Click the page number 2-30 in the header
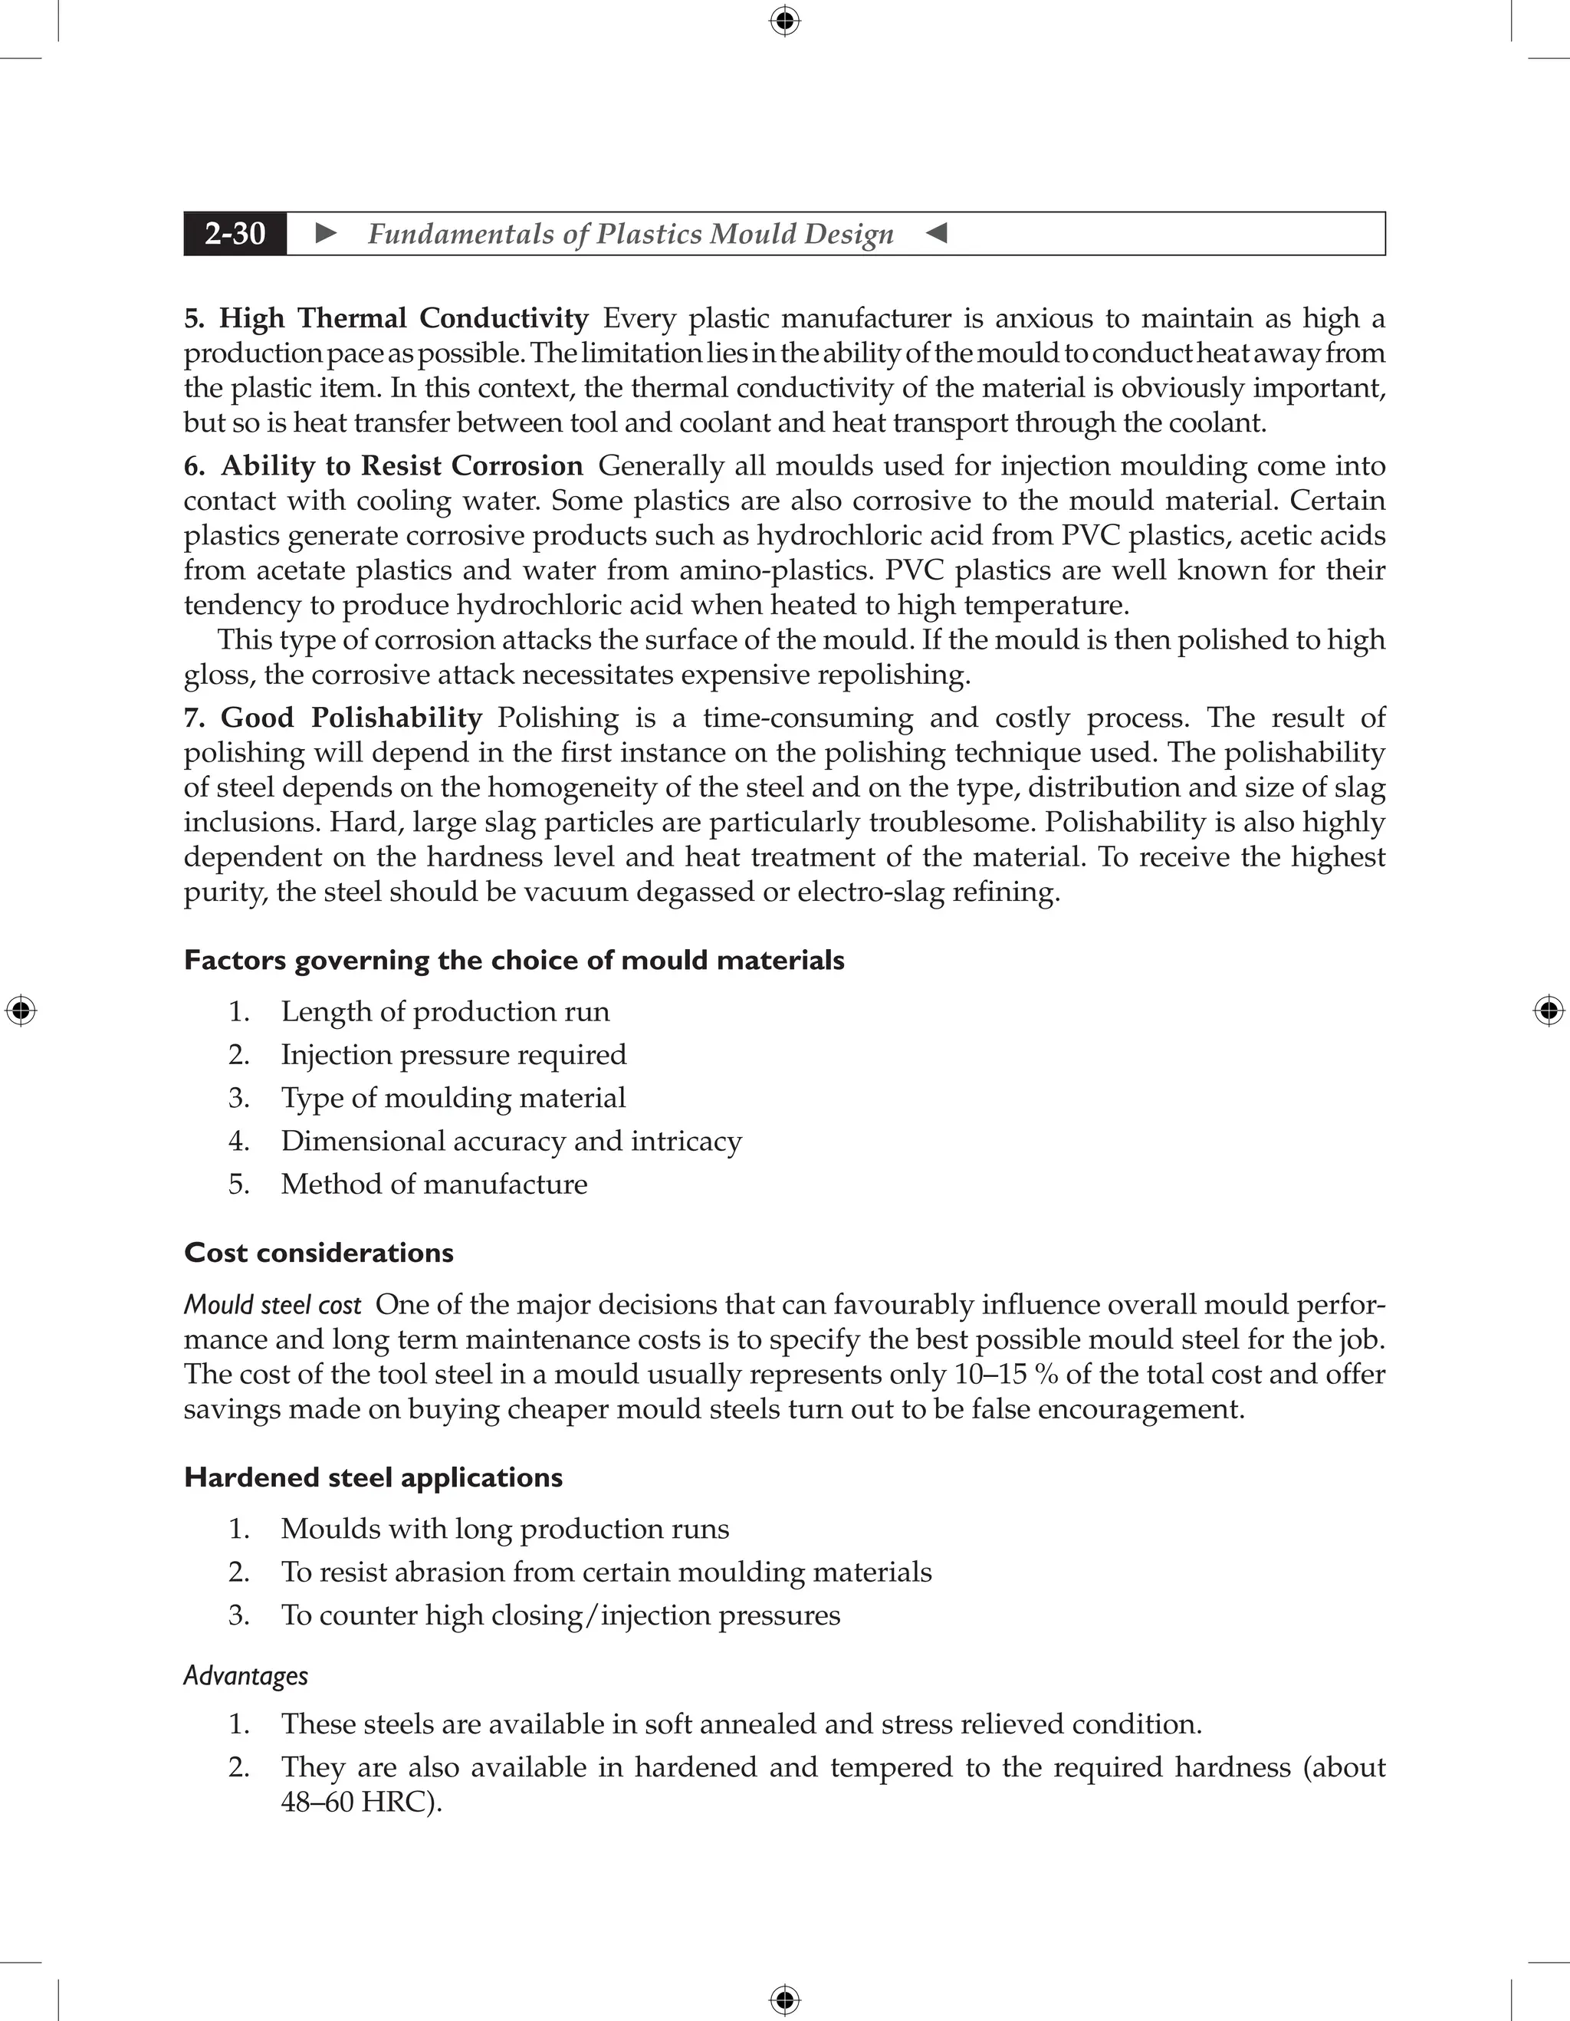pos(235,233)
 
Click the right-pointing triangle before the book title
pos(326,233)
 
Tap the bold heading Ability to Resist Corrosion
pos(402,465)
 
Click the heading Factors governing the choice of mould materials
pos(514,961)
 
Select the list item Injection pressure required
pos(453,1055)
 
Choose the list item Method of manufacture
pos(434,1185)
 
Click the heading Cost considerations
pos(318,1253)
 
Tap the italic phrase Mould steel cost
pos(272,1305)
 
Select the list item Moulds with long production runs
pos(504,1529)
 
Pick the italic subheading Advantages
pos(245,1676)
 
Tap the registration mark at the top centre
pos(784,21)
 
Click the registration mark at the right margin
pos(1549,1010)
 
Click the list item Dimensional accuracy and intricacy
pos(511,1141)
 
